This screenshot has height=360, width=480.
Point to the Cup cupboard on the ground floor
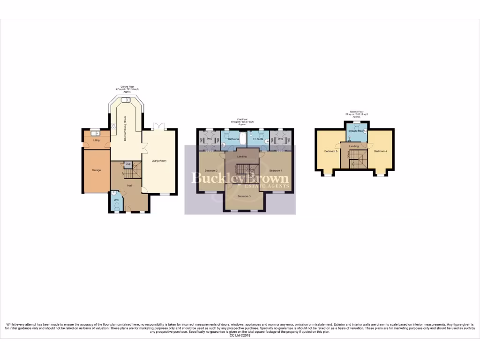click(127, 164)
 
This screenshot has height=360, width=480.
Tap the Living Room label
click(159, 161)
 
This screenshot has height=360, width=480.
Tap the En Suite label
click(258, 139)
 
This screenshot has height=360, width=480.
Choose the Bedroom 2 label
click(210, 170)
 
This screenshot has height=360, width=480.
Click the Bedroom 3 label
click(244, 196)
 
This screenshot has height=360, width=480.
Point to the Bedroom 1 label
click(276, 170)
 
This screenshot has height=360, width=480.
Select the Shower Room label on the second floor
click(357, 131)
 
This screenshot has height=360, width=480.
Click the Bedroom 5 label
click(330, 151)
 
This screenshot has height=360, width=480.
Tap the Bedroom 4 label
click(380, 151)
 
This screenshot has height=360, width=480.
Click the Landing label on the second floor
click(354, 146)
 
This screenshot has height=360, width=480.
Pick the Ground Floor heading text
click(124, 87)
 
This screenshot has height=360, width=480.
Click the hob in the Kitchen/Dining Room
click(113, 125)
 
